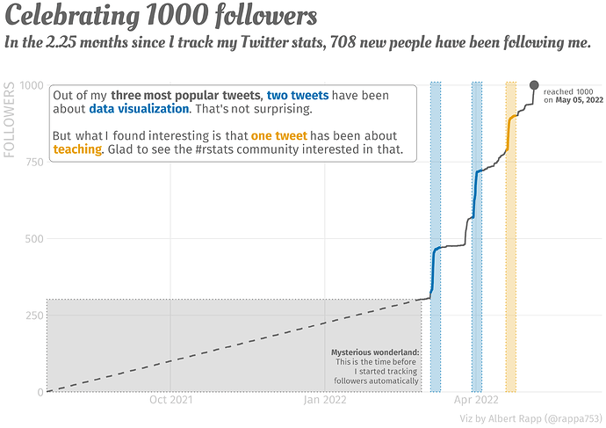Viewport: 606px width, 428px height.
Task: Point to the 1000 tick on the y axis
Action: pos(32,85)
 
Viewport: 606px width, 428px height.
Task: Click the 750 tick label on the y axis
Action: pos(33,162)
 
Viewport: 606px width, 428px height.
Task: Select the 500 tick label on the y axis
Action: pos(33,238)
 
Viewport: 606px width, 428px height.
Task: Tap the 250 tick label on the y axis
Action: pos(33,315)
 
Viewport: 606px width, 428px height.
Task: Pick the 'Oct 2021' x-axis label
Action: pos(170,401)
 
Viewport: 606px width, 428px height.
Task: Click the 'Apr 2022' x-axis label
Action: pos(477,401)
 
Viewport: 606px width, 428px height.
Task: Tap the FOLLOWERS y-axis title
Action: pos(11,120)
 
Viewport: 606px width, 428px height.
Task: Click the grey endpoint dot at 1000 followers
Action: pos(534,85)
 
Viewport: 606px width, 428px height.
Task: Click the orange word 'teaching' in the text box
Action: pos(77,150)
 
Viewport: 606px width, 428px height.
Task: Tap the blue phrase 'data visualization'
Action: pos(139,109)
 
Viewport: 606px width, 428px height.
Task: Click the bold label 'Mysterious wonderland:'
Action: pos(375,352)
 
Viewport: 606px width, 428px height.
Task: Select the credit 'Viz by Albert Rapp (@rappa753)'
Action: pos(530,418)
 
